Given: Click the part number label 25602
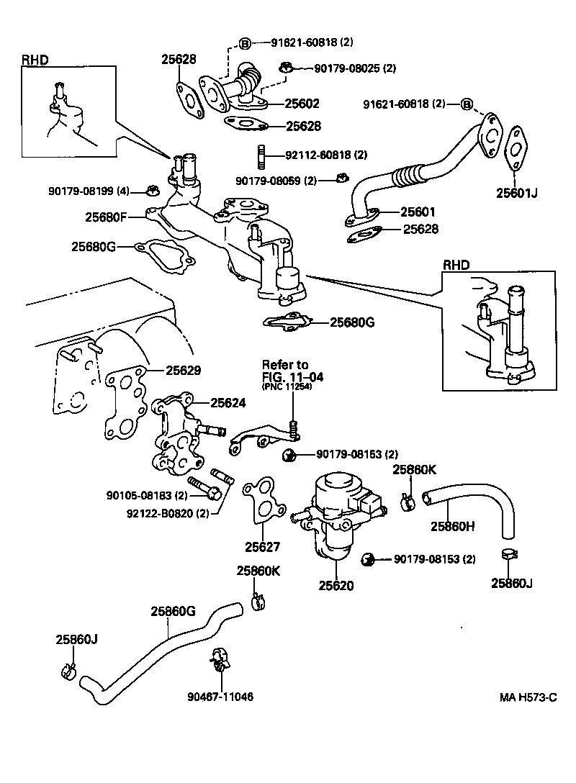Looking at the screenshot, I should pos(302,104).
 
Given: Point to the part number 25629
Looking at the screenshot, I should pos(184,371).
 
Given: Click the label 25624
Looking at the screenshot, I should pos(228,403).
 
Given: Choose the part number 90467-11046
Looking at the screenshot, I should pos(220,697).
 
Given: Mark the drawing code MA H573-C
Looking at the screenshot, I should pos(529,697).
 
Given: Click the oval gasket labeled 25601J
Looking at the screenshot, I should pos(516,149).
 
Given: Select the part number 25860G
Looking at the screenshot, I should pos(173,612).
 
